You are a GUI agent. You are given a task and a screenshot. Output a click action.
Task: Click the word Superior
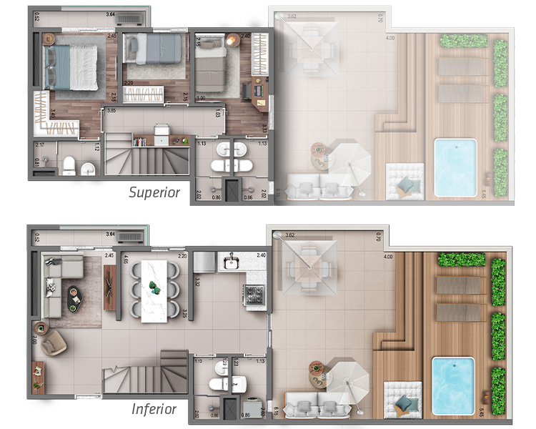(x=154, y=192)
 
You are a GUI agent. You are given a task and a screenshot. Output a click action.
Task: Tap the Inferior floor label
(x=154, y=409)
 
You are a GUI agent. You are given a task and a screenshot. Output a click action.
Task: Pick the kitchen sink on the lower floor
(x=230, y=263)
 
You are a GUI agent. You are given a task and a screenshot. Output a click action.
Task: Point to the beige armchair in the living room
(x=53, y=345)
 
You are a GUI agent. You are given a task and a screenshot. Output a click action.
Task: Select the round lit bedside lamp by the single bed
(x=230, y=41)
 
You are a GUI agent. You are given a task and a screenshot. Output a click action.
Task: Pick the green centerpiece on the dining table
(x=155, y=288)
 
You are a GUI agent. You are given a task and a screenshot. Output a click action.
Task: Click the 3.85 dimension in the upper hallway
(x=111, y=111)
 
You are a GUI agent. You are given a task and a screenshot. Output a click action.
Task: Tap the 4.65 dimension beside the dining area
(x=126, y=260)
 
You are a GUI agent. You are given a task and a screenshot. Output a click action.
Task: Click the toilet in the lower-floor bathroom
(x=219, y=385)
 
